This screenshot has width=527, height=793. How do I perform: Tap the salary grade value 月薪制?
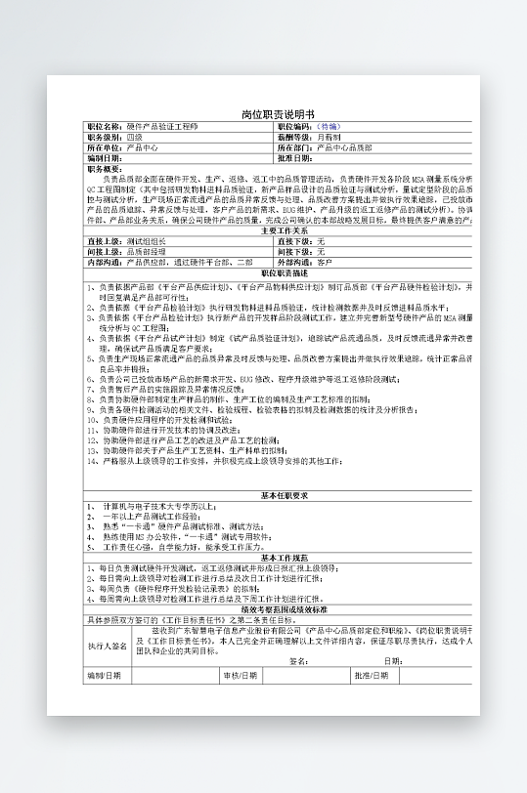[x=330, y=137]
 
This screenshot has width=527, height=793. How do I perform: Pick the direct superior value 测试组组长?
[x=147, y=240]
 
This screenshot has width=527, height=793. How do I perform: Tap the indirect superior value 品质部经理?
[x=147, y=251]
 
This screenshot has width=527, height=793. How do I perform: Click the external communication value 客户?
[x=325, y=262]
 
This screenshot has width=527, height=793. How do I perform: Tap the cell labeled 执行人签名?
[x=108, y=646]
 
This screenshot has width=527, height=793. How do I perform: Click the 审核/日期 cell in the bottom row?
[x=241, y=674]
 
